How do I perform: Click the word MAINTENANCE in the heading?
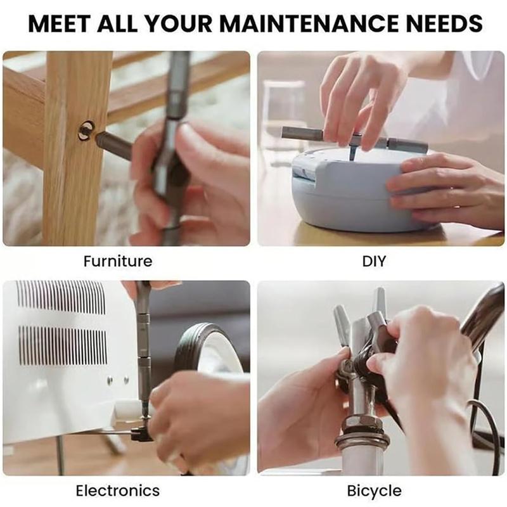[310, 23]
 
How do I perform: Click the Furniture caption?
[118, 261]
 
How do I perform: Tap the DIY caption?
[374, 261]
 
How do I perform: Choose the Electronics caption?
[118, 491]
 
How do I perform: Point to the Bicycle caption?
[374, 491]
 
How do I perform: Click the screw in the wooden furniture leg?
[87, 131]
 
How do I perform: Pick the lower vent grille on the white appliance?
[62, 346]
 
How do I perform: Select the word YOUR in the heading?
[179, 23]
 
